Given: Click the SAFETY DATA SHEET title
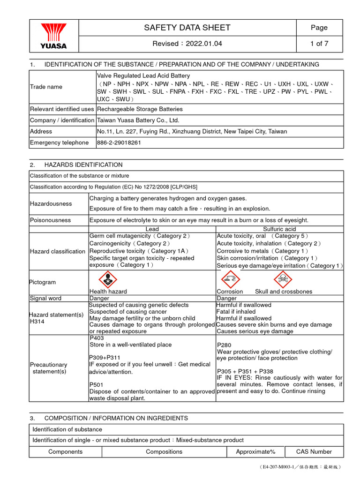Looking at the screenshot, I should click(187, 28).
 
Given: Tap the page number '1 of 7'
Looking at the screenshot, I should click(319, 44).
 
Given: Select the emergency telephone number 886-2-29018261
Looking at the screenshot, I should click(119, 142).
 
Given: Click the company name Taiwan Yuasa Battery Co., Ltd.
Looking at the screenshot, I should click(138, 120).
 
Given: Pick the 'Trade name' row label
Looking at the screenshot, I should click(46, 87).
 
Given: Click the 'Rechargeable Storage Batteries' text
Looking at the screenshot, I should click(140, 109).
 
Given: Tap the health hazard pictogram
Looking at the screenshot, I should click(107, 280).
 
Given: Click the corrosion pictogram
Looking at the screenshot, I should click(230, 280).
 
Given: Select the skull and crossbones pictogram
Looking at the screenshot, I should click(283, 280).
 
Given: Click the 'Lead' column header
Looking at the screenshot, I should click(152, 229).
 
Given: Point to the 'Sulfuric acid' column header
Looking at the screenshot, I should click(279, 229).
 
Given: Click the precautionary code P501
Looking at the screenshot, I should click(97, 384).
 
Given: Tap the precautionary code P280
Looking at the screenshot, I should click(225, 345).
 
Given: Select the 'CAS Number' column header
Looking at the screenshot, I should click(314, 452).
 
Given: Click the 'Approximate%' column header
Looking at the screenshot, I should click(255, 452).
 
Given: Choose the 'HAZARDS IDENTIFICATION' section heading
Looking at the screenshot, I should click(83, 165).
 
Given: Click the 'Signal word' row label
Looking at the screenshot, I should click(45, 298).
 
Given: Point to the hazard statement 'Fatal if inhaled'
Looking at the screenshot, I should click(236, 311).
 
